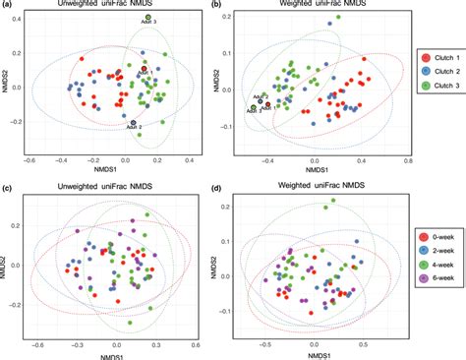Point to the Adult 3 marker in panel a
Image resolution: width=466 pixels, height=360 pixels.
[147, 18]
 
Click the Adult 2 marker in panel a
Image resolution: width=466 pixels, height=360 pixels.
[134, 122]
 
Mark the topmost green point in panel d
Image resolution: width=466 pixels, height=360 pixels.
[333, 201]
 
